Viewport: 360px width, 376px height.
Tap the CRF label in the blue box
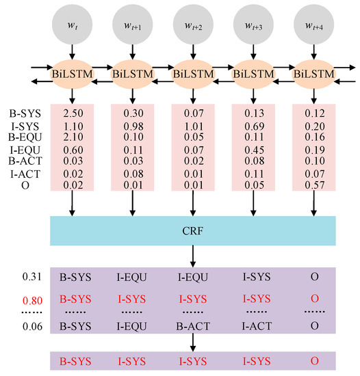(192, 230)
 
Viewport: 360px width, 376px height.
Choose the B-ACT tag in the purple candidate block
(192, 327)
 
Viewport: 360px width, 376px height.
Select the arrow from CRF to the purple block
(192, 256)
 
